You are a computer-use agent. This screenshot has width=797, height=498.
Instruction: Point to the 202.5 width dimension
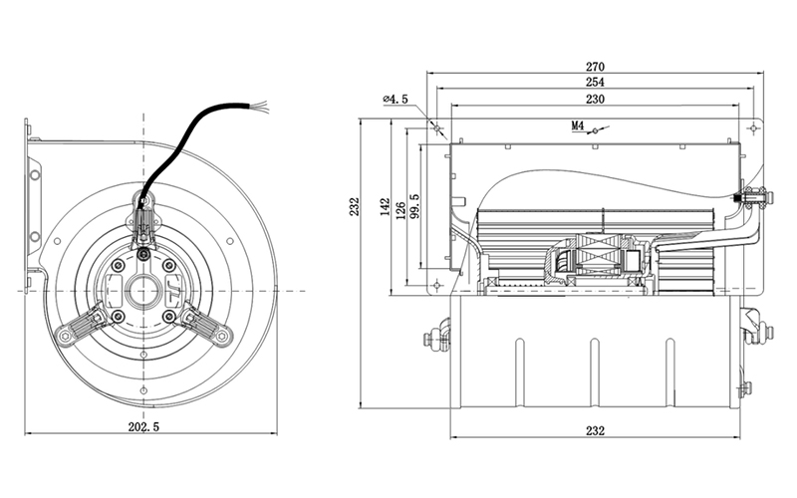(x=144, y=427)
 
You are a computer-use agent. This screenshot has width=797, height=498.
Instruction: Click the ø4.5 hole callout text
(x=396, y=100)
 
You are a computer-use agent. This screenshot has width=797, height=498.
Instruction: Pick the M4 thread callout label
(x=577, y=126)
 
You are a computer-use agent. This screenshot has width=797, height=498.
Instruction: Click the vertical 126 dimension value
(x=400, y=212)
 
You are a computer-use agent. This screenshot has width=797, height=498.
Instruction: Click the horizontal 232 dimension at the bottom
(x=595, y=431)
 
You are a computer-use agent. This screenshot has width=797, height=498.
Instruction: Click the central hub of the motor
(x=145, y=291)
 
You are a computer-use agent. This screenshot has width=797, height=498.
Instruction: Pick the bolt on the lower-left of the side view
(x=434, y=339)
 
